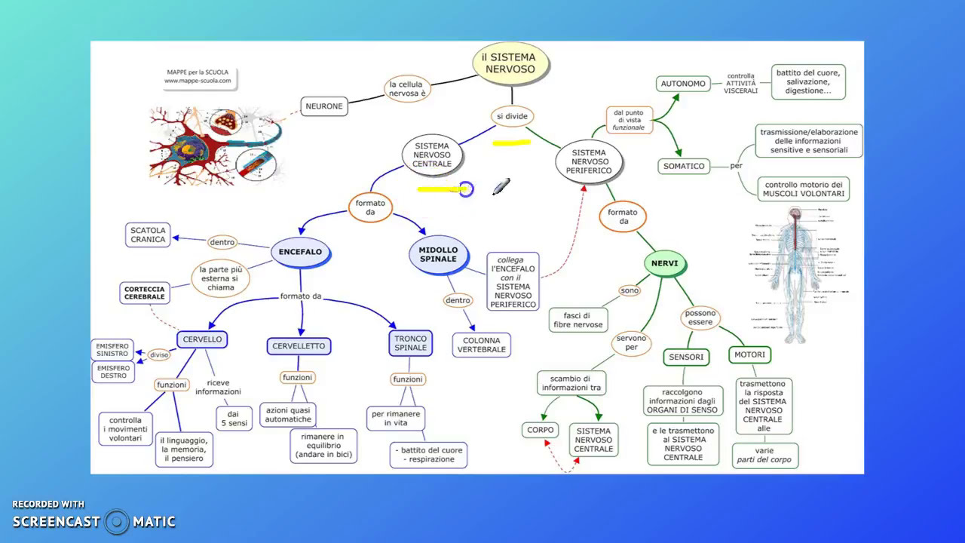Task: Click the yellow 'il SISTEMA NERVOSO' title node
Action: tap(510, 63)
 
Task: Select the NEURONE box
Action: tap(324, 106)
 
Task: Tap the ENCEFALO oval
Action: tap(300, 252)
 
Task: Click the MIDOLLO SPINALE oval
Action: tap(437, 254)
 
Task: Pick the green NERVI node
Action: tap(665, 264)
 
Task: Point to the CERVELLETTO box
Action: tap(299, 346)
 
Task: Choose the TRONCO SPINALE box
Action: tap(410, 343)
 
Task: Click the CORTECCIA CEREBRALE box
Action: tap(144, 293)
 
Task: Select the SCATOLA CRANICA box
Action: tap(148, 235)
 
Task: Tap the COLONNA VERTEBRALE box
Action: tap(482, 345)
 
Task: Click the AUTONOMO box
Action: tap(683, 84)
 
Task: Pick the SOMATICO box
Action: tap(684, 166)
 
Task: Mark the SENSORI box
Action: tap(686, 357)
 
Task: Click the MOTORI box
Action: tap(749, 354)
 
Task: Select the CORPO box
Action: tap(541, 430)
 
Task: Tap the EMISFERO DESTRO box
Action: tap(113, 371)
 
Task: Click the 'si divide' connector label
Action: tap(512, 116)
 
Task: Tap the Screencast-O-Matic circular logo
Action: tap(117, 521)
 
